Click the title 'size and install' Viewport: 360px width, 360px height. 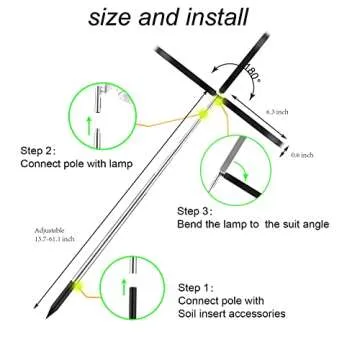(x=179, y=17)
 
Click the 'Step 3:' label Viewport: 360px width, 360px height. (x=199, y=213)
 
